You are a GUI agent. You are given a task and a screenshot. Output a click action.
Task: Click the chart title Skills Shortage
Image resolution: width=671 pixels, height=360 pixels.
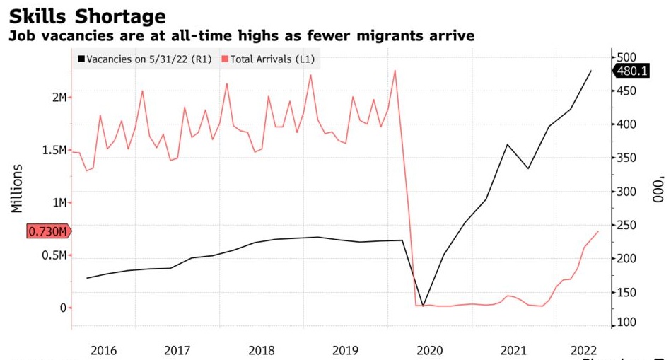(88, 16)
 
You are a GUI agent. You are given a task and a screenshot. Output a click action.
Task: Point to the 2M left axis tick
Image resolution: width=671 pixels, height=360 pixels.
(58, 97)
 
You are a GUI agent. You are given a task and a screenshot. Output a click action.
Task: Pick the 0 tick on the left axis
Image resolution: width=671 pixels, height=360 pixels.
(63, 308)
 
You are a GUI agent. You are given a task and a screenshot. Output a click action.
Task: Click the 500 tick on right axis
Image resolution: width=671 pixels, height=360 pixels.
(628, 57)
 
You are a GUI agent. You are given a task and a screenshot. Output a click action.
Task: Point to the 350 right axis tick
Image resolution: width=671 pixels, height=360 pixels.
(628, 158)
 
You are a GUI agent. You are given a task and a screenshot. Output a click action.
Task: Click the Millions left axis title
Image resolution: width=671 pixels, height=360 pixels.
(17, 189)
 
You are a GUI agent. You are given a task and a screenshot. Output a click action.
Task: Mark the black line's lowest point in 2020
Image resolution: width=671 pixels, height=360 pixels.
(423, 306)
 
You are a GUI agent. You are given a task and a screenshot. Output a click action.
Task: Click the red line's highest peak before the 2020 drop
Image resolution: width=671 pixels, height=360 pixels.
(395, 70)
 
